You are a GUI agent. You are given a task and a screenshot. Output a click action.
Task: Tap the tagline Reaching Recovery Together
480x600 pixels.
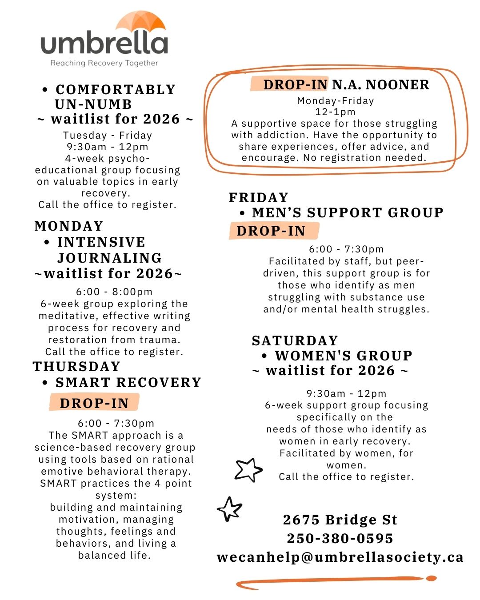click(x=104, y=63)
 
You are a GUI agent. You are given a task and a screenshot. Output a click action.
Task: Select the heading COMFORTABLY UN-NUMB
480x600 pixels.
click(x=115, y=96)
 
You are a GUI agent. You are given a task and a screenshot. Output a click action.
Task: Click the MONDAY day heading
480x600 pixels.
click(x=69, y=226)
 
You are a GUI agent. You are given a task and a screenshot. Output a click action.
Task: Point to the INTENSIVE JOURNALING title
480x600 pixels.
click(x=108, y=250)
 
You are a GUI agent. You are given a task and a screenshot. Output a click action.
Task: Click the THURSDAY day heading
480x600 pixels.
click(x=77, y=366)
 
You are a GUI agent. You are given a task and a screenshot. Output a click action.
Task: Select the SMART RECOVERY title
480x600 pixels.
click(x=128, y=382)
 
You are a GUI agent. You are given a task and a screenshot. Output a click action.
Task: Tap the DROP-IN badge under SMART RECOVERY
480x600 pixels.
click(x=94, y=403)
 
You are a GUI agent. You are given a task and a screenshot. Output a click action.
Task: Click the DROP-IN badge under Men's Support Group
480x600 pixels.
click(x=271, y=231)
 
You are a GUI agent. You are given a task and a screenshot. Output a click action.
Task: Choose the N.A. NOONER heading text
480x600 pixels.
click(x=381, y=84)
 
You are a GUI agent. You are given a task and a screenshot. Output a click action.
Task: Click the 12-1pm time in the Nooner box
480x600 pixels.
click(x=335, y=112)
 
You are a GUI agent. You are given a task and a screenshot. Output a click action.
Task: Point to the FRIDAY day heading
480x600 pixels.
click(x=259, y=197)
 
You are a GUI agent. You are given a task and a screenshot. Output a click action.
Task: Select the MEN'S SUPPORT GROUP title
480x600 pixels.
click(x=348, y=212)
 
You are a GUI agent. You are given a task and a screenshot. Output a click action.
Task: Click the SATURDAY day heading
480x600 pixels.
click(x=295, y=340)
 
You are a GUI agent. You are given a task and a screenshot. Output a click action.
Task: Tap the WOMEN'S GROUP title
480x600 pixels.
click(x=344, y=356)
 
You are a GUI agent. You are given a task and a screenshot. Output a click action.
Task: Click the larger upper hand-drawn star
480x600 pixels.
click(x=248, y=469)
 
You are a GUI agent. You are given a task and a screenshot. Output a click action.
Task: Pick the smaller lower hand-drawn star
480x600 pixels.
click(x=230, y=509)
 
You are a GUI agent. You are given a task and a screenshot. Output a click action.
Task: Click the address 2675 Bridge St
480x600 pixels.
click(x=340, y=520)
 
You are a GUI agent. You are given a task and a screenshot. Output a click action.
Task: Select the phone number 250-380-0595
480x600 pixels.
click(x=340, y=538)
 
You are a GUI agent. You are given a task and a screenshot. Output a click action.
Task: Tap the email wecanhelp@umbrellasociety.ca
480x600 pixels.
click(x=340, y=557)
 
